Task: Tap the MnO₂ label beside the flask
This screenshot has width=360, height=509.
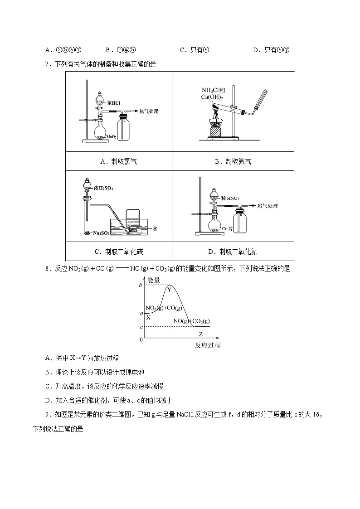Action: (x=112, y=136)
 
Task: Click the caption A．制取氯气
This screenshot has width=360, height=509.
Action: (x=118, y=161)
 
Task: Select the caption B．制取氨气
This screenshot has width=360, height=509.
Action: (x=233, y=161)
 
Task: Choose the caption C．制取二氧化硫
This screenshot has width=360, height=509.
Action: (x=118, y=252)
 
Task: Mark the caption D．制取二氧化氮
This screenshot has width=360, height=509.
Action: (x=233, y=252)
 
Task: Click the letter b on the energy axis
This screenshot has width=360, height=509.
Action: (x=141, y=285)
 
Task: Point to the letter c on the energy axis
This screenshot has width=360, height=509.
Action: (x=141, y=327)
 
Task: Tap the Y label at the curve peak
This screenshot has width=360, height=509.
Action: (x=169, y=290)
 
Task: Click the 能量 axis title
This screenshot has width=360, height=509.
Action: (x=154, y=280)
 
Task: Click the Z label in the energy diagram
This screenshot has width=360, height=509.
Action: (x=200, y=334)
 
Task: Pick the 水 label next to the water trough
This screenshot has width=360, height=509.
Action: (x=155, y=229)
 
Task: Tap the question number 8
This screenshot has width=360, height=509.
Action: (x=47, y=268)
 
